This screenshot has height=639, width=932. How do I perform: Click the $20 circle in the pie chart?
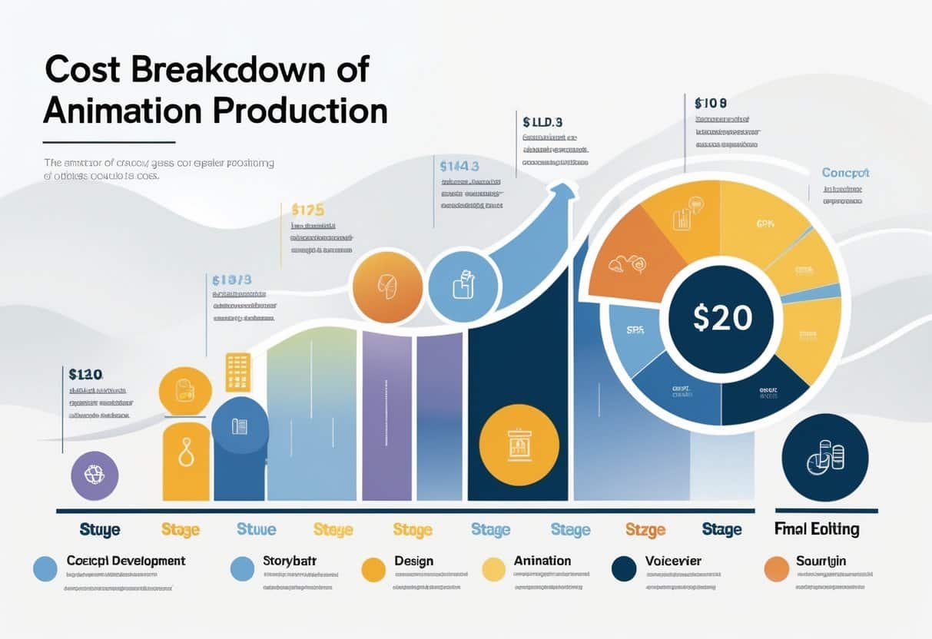721,317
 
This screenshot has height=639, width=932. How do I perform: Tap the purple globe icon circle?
95,476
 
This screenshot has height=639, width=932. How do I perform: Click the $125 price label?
307,209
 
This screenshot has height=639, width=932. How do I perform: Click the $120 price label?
85,375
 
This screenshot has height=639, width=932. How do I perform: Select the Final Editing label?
816,529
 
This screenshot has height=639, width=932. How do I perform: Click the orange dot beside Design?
373,569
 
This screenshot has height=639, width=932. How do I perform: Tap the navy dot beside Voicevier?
624,569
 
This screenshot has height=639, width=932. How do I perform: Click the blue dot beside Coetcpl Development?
45,569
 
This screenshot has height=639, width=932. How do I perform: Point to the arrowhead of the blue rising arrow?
566,191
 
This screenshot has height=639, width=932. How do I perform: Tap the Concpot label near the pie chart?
845,173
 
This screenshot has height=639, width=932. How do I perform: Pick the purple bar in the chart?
386,415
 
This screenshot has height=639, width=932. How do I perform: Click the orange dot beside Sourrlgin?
777,569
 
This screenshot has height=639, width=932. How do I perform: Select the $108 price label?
711,102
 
